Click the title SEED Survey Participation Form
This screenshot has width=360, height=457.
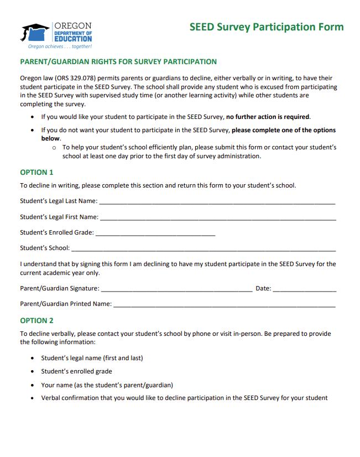pos(266,27)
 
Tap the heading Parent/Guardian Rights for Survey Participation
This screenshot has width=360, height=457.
pos(118,61)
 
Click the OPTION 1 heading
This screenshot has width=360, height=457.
pos(37,172)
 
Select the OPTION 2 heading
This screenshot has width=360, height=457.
pos(37,320)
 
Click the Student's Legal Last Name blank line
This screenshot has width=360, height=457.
pos(217,202)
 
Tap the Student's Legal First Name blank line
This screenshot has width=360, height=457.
pos(218,217)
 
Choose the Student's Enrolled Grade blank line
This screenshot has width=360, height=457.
pos(155,233)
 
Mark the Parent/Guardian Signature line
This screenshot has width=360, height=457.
pos(176,289)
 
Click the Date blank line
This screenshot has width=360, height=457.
pos(304,289)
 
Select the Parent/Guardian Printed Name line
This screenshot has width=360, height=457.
pos(224,305)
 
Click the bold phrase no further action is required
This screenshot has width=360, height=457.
pos(268,117)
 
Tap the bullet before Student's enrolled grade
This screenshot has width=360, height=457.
pos(33,372)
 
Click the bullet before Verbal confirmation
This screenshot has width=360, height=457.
pos(33,398)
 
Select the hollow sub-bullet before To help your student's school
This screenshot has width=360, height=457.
pos(54,148)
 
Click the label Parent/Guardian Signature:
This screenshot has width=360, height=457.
pos(60,289)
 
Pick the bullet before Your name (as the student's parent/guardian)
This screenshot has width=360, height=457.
pos(33,385)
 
